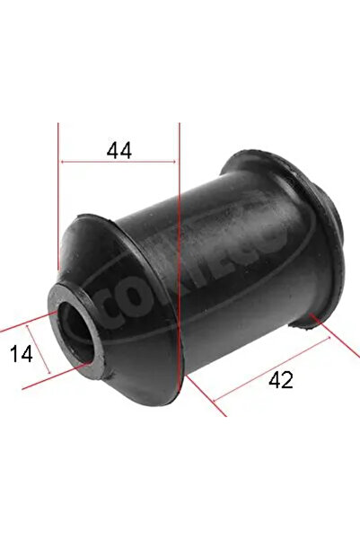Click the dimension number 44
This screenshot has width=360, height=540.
click(119, 150)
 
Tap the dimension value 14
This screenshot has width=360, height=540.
click(23, 354)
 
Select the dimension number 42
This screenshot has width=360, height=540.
click(280, 380)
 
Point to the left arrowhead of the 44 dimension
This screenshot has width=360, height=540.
click(64, 162)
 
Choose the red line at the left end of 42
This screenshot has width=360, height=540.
click(202, 395)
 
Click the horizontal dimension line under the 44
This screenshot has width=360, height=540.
click(119, 162)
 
